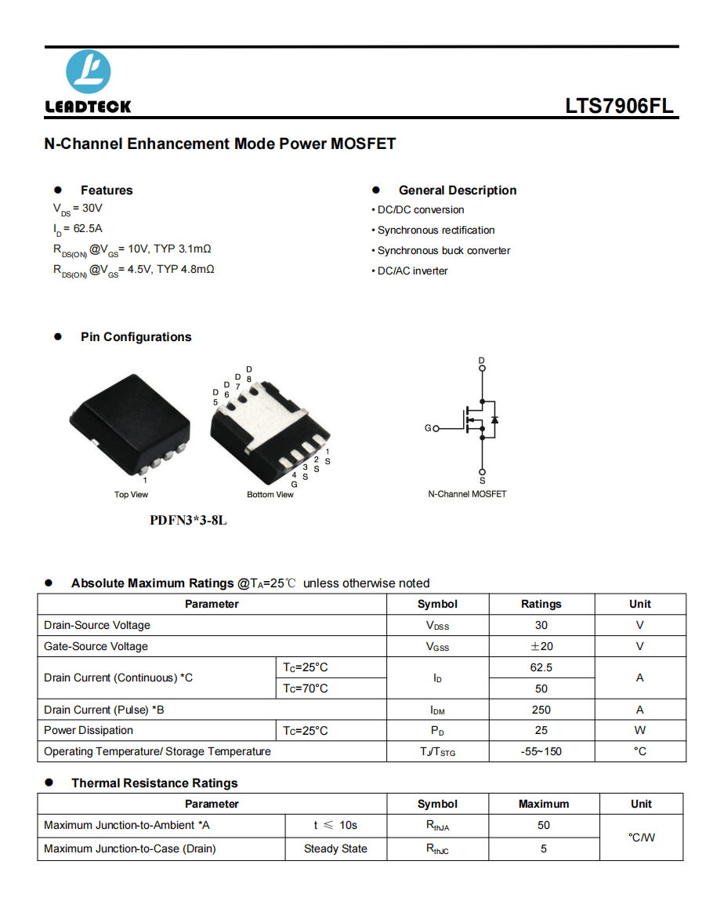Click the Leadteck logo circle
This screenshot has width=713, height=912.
coord(89,73)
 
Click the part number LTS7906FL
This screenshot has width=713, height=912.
coord(619,107)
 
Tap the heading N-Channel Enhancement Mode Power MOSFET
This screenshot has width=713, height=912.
coord(220,144)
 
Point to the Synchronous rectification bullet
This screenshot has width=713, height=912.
coord(436,231)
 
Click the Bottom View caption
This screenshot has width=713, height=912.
coord(270,495)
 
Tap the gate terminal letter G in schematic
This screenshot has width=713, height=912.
coord(428,428)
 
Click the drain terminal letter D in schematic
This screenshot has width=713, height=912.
coord(482,360)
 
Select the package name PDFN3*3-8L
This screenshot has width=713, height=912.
coord(188,520)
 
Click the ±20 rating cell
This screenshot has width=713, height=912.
coord(541,647)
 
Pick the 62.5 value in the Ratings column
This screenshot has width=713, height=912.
coord(541,668)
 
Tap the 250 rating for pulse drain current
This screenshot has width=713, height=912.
coord(541,710)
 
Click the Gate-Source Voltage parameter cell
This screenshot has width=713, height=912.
coord(96,647)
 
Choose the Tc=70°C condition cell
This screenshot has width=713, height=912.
coord(306,689)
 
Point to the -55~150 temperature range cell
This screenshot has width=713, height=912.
coord(541,752)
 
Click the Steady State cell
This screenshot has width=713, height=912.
coord(335,849)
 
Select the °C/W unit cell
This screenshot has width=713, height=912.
coord(642,838)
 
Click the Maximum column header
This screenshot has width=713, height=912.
coord(544,805)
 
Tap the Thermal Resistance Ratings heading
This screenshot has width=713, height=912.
coord(154,783)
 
